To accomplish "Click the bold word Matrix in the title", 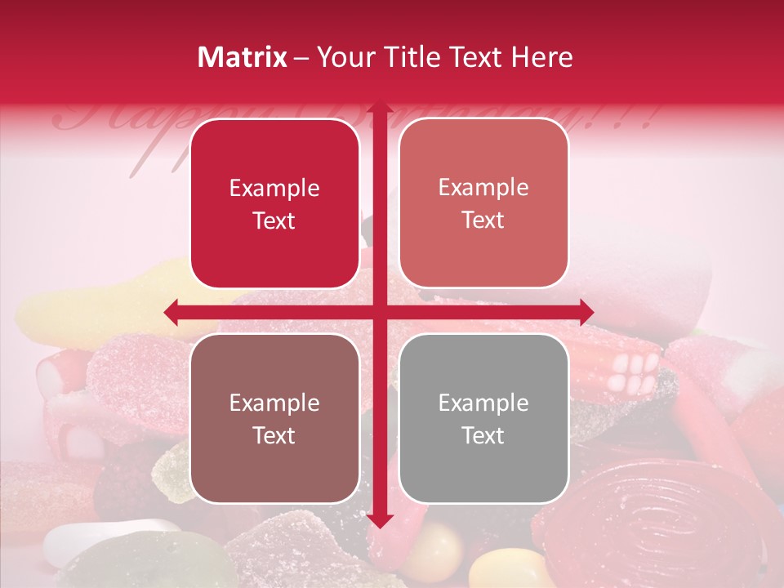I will click(x=243, y=57).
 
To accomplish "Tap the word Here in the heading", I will click(x=541, y=57).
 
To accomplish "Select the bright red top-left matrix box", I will click(x=274, y=203).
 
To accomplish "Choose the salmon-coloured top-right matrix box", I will click(x=483, y=203).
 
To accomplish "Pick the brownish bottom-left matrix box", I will click(x=274, y=418).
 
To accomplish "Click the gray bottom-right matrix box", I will click(x=483, y=418).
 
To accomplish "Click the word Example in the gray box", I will click(x=483, y=403).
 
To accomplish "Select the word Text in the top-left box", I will click(x=274, y=220).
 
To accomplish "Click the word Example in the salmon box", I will click(x=483, y=188).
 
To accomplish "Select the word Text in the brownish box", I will click(x=274, y=435).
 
